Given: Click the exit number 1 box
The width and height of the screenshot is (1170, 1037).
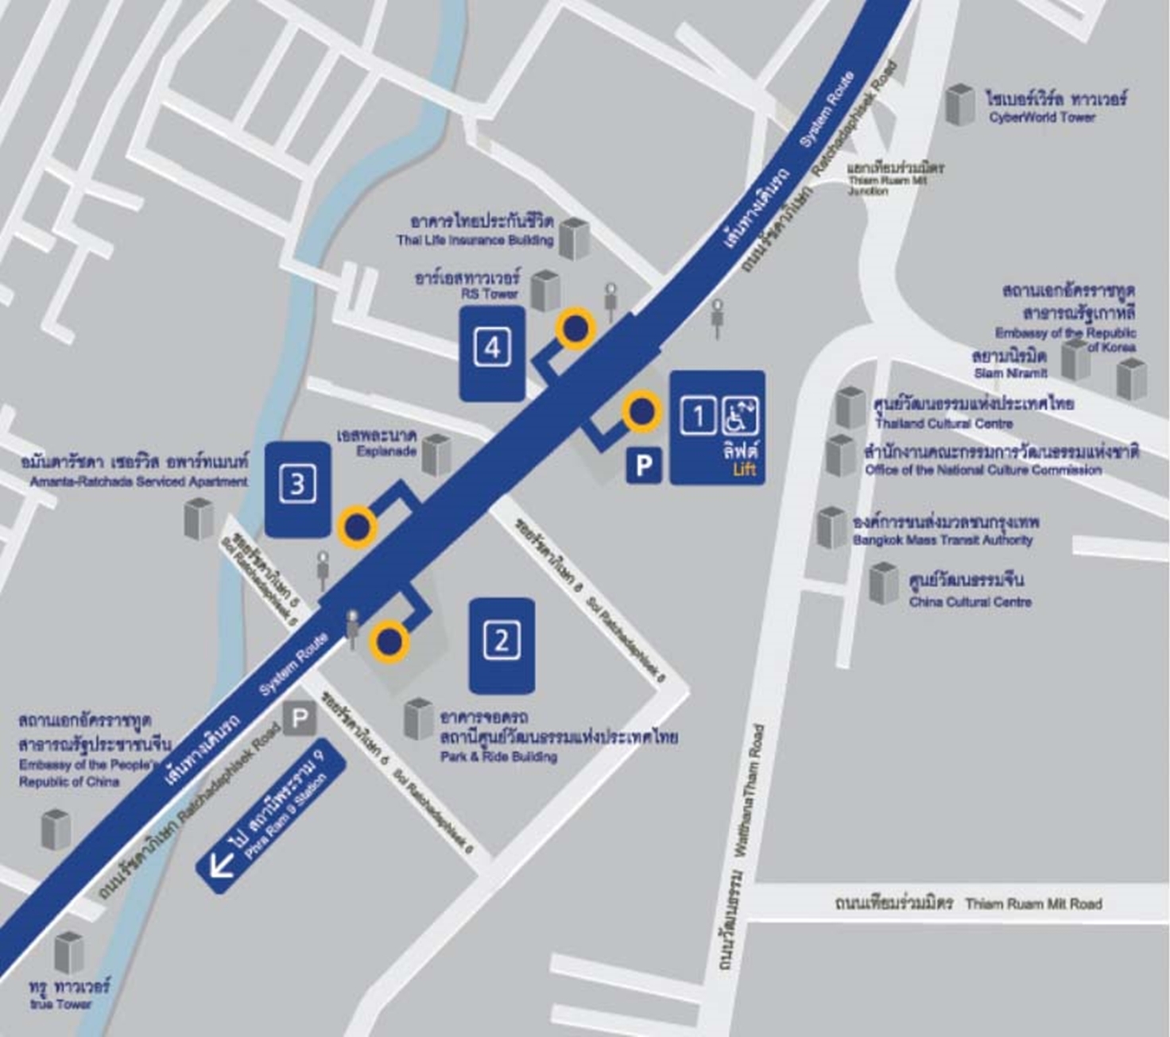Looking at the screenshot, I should [x=698, y=416].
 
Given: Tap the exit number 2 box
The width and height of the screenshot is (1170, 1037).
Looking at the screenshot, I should [x=502, y=640].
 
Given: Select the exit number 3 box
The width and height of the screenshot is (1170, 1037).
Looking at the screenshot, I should [x=297, y=484].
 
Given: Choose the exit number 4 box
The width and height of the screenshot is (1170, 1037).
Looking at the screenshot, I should [x=492, y=348].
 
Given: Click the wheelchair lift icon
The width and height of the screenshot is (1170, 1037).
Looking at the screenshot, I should [x=740, y=416].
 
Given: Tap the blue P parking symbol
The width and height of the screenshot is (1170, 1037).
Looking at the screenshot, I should [x=644, y=466].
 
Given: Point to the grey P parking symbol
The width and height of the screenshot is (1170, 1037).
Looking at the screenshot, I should [x=299, y=720].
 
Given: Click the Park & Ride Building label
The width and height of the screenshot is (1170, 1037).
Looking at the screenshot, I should [x=499, y=756].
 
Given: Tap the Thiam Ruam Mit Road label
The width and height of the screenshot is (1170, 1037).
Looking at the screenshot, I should [x=1032, y=904].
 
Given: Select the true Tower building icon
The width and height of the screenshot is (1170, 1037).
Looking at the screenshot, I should [x=68, y=953].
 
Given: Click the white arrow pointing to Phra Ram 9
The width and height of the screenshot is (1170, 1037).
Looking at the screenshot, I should [x=220, y=865].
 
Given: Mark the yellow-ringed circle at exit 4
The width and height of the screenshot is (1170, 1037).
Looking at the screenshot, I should [x=575, y=328].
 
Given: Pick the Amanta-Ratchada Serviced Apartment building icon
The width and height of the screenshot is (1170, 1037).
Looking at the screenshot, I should [x=199, y=518].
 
